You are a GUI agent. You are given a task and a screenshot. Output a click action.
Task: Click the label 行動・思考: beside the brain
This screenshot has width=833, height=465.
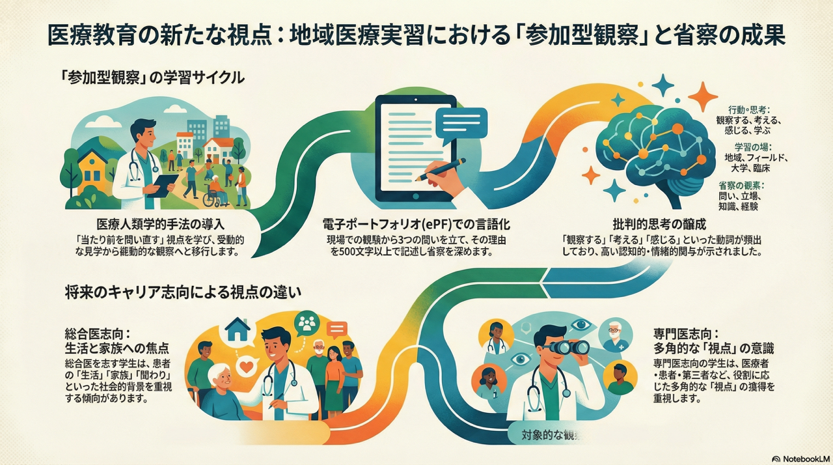[x=749, y=109]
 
